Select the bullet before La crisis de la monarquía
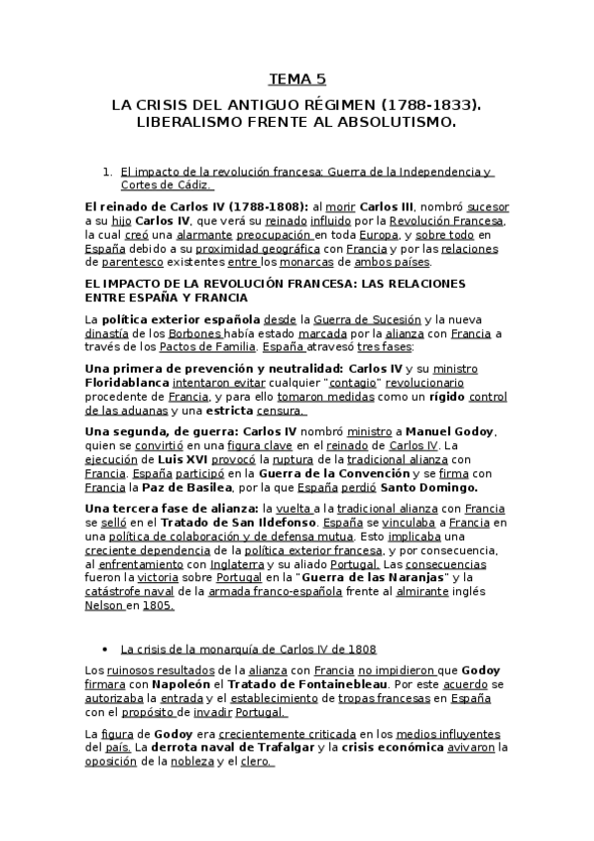(x=104, y=650)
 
